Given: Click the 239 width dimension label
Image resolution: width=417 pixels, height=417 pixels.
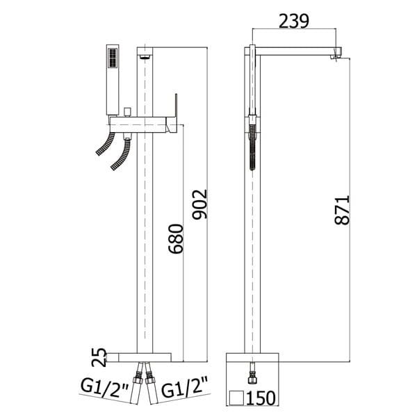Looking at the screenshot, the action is [294, 21].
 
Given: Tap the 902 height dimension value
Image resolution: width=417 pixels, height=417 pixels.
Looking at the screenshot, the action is [199, 204].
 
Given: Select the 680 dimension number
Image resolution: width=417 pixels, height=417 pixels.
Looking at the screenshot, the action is [176, 239].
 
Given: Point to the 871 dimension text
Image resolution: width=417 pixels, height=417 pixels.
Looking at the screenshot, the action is [342, 210].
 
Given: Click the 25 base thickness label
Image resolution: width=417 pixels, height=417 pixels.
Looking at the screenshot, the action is [99, 357].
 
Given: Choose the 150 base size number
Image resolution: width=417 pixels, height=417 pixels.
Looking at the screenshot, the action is [261, 398].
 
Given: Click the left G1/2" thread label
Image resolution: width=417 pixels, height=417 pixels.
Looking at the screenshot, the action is [105, 388].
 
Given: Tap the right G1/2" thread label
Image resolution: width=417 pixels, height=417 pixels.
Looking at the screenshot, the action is [184, 388].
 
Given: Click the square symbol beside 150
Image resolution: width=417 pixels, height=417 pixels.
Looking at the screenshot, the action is [236, 398].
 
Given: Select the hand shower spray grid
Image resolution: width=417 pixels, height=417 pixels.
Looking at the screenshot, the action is [113, 58].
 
